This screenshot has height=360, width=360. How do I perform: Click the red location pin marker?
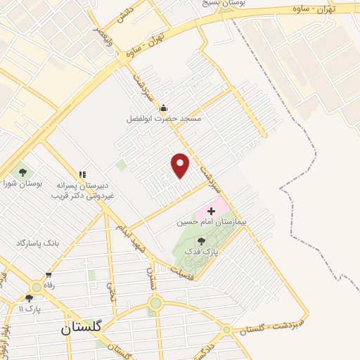pos(181,165)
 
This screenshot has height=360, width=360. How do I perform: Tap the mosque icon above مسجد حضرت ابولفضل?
pos(163,108)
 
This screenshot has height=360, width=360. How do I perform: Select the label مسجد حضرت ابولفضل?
pos(163,119)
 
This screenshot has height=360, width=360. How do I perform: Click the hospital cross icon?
pos(211,211)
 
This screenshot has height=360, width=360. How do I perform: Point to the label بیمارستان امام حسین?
pos(203,222)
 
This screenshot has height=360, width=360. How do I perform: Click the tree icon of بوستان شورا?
pos(22,172)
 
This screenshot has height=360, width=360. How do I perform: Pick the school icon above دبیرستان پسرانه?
pos(82,174)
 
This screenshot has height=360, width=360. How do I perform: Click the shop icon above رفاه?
pos(49,275)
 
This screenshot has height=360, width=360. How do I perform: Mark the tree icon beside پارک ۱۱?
pos(29,298)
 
